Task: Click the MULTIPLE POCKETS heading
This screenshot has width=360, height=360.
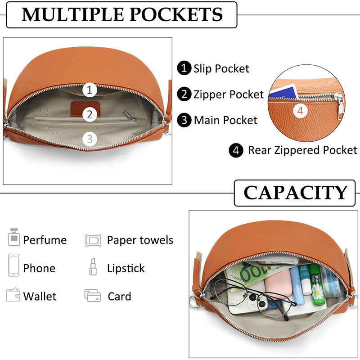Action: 122,15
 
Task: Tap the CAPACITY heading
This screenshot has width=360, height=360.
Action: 295,193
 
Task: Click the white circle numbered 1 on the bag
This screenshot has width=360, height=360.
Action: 90,90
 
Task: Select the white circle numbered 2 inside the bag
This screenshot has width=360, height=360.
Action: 90,114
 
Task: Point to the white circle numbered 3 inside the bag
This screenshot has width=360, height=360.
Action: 90,139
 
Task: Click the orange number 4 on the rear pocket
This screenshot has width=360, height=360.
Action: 300,111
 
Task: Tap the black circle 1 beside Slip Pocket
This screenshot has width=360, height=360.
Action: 184,68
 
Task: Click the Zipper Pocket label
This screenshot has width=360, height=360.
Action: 229,94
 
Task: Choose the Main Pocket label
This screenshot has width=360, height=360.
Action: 225,120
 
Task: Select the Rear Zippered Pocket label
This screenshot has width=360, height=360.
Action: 302,150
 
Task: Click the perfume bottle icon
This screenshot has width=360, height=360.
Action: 14,237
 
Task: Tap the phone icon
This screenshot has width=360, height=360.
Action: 13,265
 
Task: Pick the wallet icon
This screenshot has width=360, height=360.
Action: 13,295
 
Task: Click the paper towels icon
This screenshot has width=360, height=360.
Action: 93,240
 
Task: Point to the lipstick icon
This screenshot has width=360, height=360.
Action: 93,266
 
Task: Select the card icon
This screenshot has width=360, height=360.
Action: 93,296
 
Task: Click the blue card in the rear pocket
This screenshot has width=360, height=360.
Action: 284,93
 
